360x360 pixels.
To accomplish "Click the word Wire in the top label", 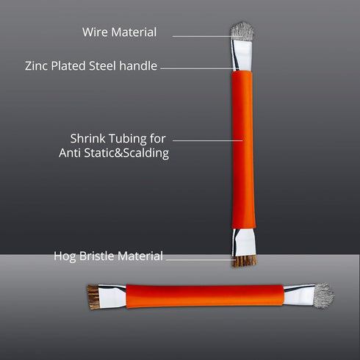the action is (x=96, y=32).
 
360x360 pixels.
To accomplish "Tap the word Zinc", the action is (x=37, y=66).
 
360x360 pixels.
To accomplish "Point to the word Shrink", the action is (x=88, y=138).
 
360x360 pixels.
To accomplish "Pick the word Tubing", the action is (x=128, y=139).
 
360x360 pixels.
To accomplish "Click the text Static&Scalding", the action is (x=126, y=154).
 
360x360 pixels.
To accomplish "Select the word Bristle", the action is (x=97, y=256).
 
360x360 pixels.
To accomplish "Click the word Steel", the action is (x=102, y=66).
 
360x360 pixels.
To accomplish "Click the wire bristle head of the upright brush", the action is (x=242, y=31).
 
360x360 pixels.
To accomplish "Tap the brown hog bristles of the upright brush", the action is (x=245, y=262).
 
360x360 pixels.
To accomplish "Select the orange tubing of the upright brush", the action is (x=243, y=150).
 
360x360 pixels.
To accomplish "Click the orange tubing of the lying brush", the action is (x=205, y=296).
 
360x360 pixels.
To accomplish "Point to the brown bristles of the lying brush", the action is (x=93, y=297).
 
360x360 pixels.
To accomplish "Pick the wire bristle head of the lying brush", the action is (x=324, y=295).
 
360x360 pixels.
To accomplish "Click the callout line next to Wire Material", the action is (x=208, y=36).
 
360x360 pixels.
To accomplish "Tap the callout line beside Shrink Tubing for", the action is (x=208, y=140).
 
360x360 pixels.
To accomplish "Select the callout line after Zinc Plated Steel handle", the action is (x=198, y=68).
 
